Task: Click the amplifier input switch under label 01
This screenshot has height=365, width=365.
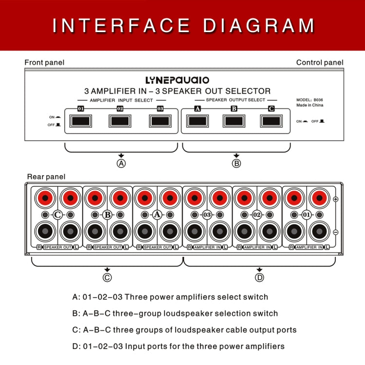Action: [x=81, y=121]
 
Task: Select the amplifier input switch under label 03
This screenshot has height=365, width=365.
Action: [x=160, y=121]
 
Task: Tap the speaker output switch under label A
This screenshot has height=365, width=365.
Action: [x=197, y=121]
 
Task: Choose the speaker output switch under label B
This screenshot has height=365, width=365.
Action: [x=234, y=121]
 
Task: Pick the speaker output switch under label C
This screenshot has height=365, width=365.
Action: [x=271, y=121]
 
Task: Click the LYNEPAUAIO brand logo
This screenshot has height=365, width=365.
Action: [x=177, y=80]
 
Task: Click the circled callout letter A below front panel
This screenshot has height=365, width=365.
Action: [x=121, y=164]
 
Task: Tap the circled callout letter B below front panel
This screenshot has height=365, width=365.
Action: [x=237, y=164]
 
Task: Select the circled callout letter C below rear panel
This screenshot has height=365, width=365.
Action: [x=107, y=277]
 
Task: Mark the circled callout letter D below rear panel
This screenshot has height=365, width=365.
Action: [x=259, y=277]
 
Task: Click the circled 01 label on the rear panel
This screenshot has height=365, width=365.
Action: [x=307, y=215]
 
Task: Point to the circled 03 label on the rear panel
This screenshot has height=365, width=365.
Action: [x=207, y=215]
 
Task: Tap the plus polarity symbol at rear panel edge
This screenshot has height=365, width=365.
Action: [x=335, y=200]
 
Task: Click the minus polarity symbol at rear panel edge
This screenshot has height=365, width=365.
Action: [x=335, y=232]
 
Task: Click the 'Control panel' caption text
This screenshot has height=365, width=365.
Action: [x=320, y=62]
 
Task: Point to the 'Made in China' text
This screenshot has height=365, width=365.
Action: [x=310, y=105]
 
